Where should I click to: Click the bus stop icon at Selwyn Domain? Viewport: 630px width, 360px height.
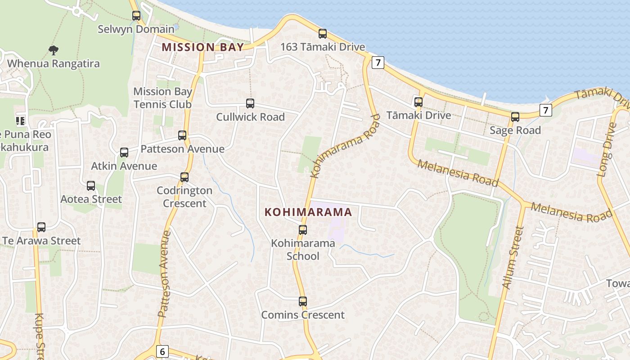(x=136, y=16)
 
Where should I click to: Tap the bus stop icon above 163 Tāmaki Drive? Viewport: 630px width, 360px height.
(x=323, y=33)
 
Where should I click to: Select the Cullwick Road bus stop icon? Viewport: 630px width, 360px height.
(x=250, y=103)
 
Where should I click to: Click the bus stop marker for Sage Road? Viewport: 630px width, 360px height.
(x=515, y=117)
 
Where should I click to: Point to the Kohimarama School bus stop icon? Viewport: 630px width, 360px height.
(x=303, y=230)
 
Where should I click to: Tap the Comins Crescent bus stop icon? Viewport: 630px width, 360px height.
(x=303, y=301)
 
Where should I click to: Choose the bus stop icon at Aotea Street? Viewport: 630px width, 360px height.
(x=91, y=186)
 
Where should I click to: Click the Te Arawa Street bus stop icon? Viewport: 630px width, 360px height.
(x=41, y=227)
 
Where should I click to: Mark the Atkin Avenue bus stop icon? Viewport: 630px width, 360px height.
(x=124, y=153)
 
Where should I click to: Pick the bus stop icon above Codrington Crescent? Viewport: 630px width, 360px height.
(x=184, y=177)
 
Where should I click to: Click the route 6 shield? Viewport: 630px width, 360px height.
(x=162, y=351)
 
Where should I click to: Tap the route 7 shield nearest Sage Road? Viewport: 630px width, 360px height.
(x=546, y=110)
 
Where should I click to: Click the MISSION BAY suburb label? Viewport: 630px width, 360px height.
(x=202, y=47)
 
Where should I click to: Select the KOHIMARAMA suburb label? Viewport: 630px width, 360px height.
(x=308, y=212)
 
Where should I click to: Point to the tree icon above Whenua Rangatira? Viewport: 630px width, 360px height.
(x=54, y=50)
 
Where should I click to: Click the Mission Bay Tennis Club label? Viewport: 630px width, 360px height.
(x=162, y=98)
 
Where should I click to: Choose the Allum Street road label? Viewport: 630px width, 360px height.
(x=513, y=258)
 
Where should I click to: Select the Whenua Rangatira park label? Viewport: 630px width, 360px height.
(x=53, y=63)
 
